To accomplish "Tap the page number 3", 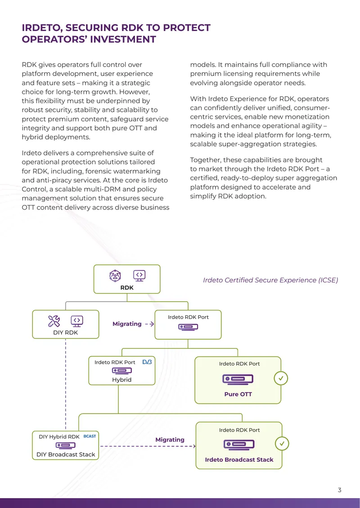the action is point(339,490).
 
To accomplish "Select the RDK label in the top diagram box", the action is point(127,287).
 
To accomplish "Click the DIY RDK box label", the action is point(66,332).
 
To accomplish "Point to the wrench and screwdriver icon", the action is point(54,321).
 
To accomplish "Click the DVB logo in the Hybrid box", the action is point(147,361).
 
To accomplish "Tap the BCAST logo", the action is point(90,436).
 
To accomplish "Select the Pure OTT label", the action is point(238,394).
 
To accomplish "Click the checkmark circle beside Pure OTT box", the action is point(281,378).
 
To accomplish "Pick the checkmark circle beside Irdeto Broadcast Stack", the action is point(282,444).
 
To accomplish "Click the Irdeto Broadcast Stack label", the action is point(239,459).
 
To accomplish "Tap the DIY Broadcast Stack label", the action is point(66,455).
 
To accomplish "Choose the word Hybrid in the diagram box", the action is point(121,380).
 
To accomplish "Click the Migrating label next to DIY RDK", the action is point(127,324).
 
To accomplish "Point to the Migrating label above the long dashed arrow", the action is point(170,440).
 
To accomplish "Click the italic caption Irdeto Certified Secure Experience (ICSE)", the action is point(270,280).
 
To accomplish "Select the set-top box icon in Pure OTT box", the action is point(238,379).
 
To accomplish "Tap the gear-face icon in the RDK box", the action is point(115,276).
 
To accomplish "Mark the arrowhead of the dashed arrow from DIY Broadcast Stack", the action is point(194,446).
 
